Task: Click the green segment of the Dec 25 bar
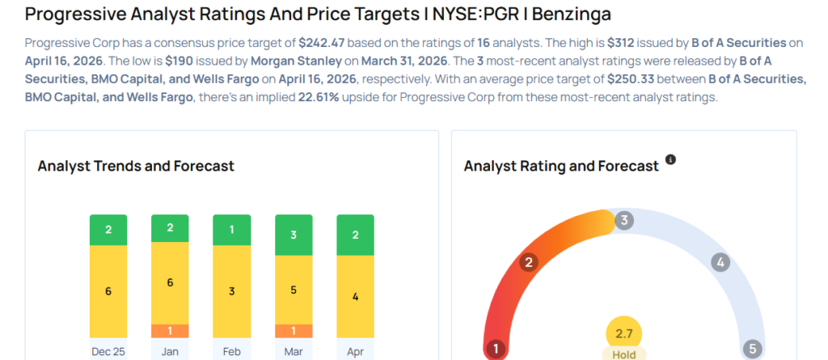108,230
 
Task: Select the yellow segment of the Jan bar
170,282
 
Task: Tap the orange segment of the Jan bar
170,331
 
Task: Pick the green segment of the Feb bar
231,230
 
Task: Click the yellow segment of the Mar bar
293,290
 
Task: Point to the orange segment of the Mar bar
293,331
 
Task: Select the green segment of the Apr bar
355,235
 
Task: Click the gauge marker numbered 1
495,349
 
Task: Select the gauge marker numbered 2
529,262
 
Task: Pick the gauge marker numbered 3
623,221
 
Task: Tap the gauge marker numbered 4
719,262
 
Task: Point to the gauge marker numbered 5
752,349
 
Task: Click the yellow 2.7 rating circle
623,332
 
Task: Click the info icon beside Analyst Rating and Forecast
670,160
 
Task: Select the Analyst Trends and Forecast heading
136,166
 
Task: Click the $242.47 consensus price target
325,42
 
